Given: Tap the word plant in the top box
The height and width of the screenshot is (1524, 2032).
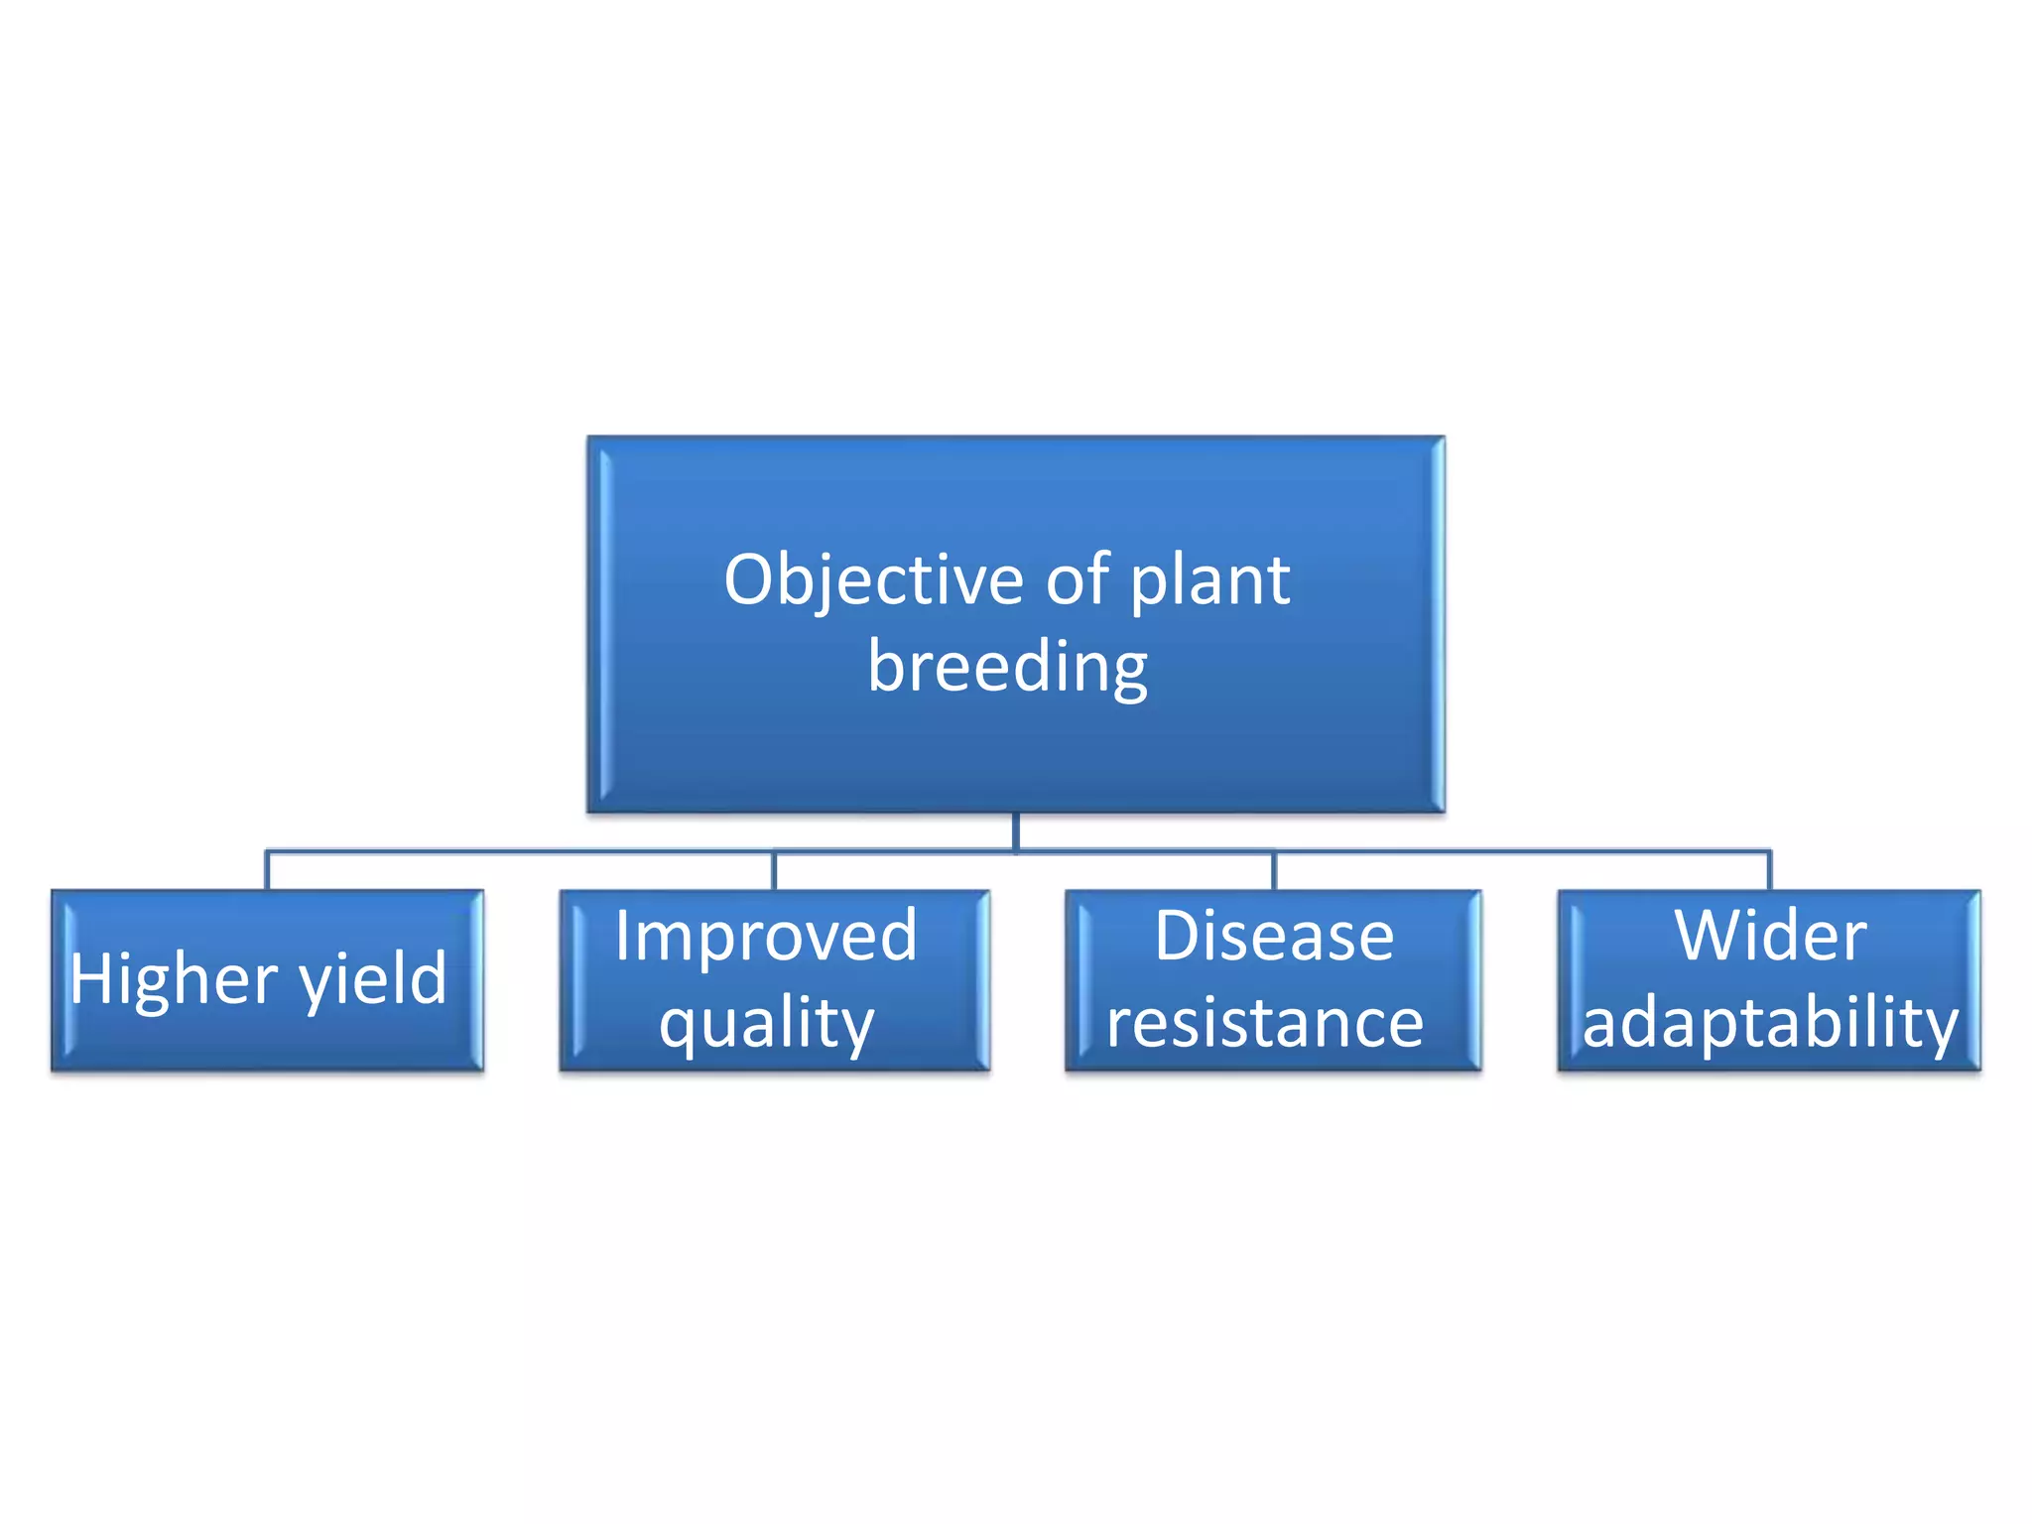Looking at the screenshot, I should (x=1209, y=580).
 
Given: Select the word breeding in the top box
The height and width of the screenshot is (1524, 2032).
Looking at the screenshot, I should (x=1007, y=668).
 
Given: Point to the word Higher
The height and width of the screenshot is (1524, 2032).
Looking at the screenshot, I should (x=174, y=980).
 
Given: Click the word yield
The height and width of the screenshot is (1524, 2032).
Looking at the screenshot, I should (x=373, y=980).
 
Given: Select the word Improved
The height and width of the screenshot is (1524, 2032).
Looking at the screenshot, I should (x=765, y=936).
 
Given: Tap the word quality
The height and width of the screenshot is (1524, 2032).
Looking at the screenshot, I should (x=766, y=1024).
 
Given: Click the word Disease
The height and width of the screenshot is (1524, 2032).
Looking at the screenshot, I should (x=1273, y=936).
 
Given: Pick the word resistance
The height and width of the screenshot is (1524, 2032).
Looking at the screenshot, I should (x=1265, y=1023).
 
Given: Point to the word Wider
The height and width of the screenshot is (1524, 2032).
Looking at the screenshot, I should (x=1770, y=936).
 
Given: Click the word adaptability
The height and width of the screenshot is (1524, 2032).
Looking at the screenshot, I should (x=1770, y=1023).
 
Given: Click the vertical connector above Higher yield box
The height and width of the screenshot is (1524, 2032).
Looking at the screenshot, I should (x=267, y=871).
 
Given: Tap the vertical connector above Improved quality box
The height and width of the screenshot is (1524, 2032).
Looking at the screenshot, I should (x=774, y=871).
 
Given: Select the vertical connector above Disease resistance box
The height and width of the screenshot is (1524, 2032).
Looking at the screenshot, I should (x=1273, y=871).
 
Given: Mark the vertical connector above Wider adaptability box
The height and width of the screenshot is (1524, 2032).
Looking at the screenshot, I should (x=1769, y=871).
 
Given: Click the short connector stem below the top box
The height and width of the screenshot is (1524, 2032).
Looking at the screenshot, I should (x=1016, y=830).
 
